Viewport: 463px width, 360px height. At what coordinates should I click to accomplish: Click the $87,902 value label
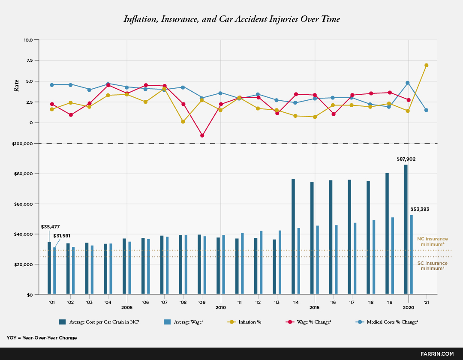tap(406, 159)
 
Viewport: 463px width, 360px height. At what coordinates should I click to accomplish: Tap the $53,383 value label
tap(419, 209)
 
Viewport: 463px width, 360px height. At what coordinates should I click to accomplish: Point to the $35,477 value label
tap(50, 227)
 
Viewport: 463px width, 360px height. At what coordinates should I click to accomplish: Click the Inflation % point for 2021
tap(427, 65)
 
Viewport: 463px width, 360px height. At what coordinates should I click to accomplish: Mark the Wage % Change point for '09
tap(202, 135)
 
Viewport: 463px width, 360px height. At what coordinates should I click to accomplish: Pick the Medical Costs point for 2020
tap(408, 83)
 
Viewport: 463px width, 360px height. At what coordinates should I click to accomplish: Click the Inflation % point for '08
tap(183, 122)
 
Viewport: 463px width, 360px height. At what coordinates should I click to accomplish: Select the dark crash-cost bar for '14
tap(293, 236)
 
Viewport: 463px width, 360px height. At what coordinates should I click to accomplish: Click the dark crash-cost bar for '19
tap(387, 234)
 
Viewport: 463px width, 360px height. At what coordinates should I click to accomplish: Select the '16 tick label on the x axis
tap(334, 302)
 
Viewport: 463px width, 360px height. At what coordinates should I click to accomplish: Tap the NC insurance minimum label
tap(433, 241)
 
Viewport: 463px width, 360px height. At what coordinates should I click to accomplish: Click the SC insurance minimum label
tap(433, 266)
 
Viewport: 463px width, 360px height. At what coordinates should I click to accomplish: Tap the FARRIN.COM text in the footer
tap(437, 354)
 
